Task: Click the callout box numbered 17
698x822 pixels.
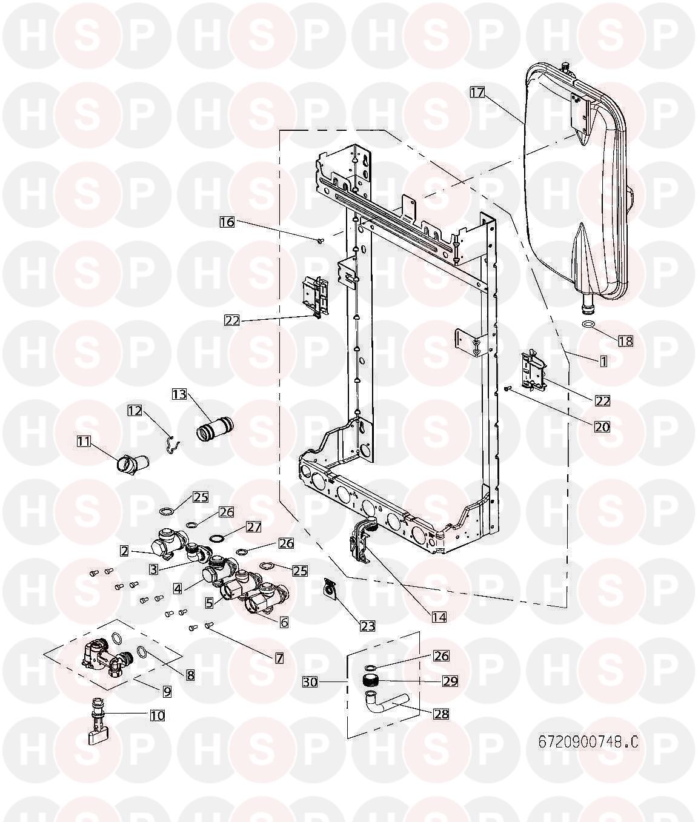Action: click(x=477, y=92)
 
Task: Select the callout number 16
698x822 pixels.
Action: click(x=227, y=222)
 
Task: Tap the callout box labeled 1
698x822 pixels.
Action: click(x=603, y=361)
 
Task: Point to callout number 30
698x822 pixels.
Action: click(x=310, y=682)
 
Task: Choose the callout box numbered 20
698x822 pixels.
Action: click(x=602, y=426)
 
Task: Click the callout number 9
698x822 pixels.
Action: click(x=167, y=690)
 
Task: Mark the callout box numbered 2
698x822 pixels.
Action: click(x=124, y=551)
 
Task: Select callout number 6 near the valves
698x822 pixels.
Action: click(x=284, y=621)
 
